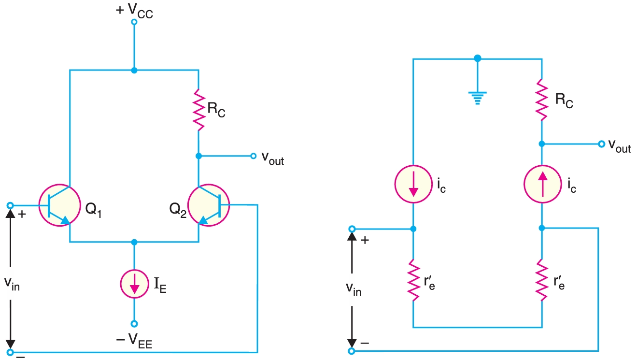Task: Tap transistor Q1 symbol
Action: (x=59, y=205)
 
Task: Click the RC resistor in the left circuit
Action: (x=198, y=109)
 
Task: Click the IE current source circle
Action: (x=134, y=283)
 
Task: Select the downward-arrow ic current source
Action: (x=413, y=185)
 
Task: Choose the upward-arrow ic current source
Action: (x=542, y=185)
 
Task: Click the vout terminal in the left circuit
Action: (x=253, y=156)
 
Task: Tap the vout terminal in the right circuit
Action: (x=601, y=144)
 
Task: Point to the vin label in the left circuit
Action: (x=13, y=285)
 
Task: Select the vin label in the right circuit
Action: (x=354, y=289)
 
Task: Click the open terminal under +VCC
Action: (x=134, y=22)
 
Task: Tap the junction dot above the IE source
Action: (x=134, y=242)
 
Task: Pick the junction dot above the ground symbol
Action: (x=477, y=58)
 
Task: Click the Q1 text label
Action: (x=93, y=211)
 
